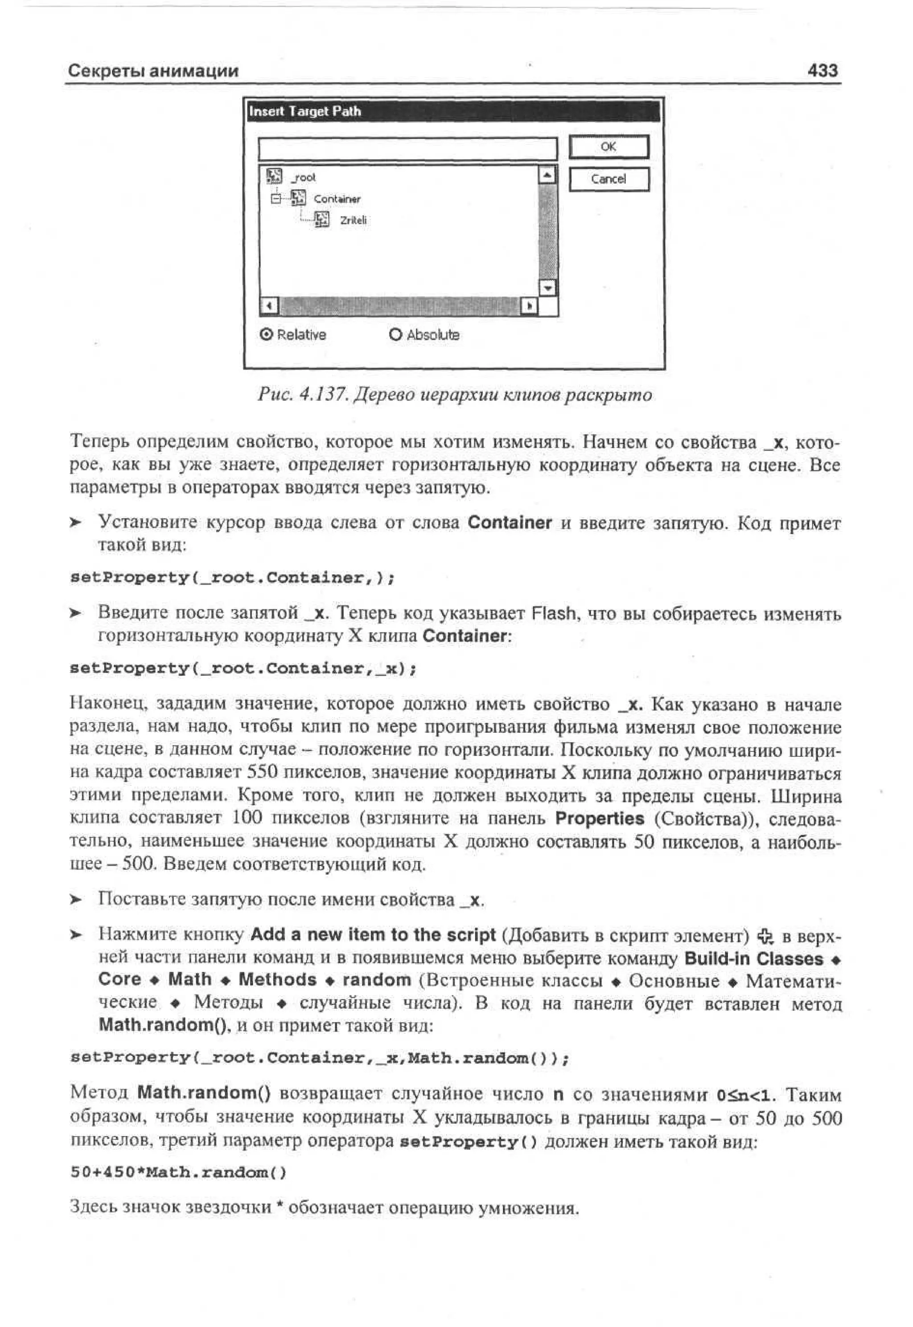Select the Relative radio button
pos(266,335)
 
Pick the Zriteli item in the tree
pos(353,220)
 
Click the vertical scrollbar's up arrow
pos(548,174)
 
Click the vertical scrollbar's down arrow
pos(548,288)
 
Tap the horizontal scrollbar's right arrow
pos(529,307)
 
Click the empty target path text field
pos(407,149)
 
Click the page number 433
pos(823,71)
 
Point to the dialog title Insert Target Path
pos(305,111)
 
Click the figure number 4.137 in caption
pos(323,394)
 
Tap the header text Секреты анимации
pos(153,71)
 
